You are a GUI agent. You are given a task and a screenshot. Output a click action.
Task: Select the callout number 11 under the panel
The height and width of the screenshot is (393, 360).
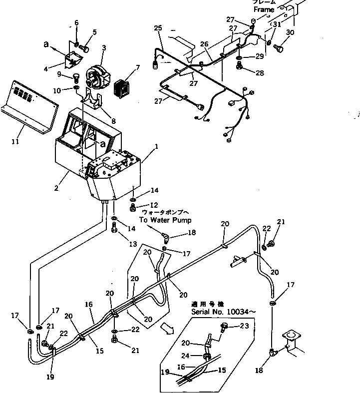[x=15, y=142]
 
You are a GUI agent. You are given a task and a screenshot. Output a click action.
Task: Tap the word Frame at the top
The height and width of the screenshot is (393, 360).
[x=264, y=9]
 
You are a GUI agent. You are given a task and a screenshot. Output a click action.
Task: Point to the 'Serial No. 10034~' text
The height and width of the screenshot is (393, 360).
[x=224, y=312]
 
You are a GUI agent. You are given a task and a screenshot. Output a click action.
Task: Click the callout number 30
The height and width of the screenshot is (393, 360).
[x=290, y=33]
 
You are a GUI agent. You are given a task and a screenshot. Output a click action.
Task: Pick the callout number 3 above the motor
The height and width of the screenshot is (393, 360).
[x=104, y=48]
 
